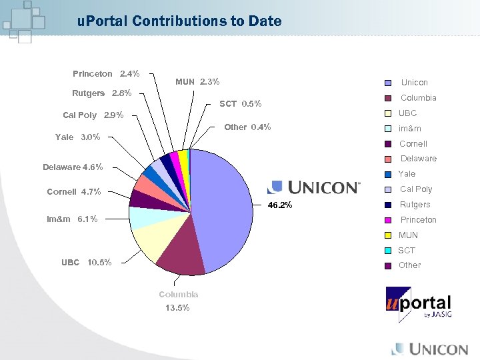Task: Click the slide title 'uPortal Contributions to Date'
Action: pos(179,21)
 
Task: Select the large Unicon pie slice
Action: pos(223,207)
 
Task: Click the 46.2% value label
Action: pos(280,205)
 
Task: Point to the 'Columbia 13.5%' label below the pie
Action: pos(178,301)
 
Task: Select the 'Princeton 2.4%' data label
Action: pos(105,73)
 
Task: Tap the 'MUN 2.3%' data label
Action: pos(197,82)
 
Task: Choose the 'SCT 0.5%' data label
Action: pos(240,103)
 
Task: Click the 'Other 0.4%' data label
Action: pos(247,127)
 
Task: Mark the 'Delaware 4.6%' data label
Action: pos(73,167)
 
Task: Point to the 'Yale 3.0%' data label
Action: pos(77,137)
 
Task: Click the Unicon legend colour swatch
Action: pos(388,83)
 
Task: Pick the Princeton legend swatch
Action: pos(388,220)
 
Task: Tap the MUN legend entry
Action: pos(407,235)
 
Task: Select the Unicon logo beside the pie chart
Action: pos(314,187)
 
